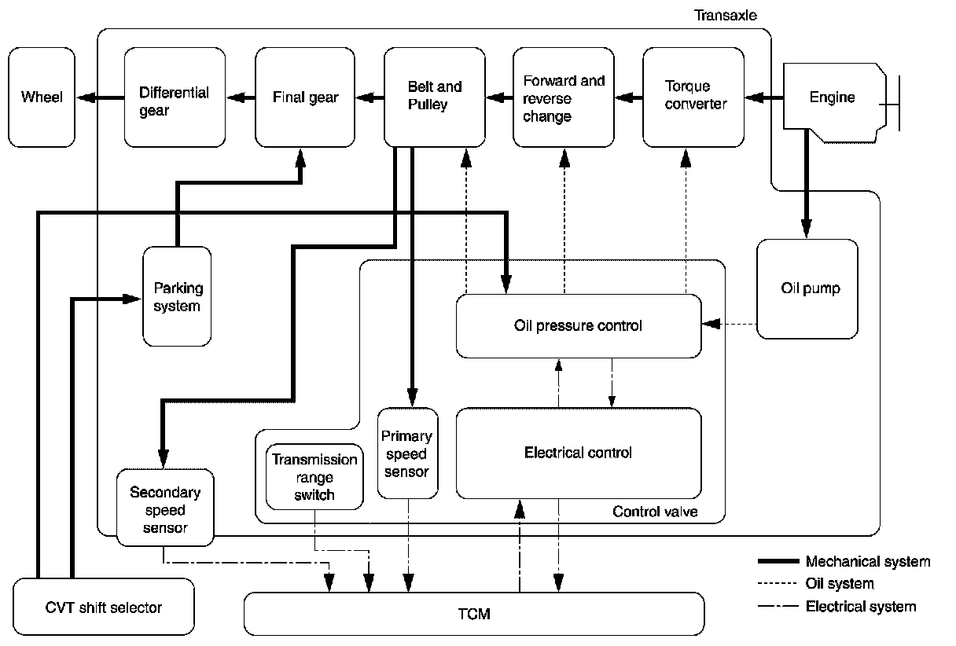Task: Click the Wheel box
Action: [x=42, y=97]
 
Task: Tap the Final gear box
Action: [x=305, y=97]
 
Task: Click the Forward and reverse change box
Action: [x=563, y=97]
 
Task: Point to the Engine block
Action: [x=832, y=97]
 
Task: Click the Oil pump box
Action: [x=808, y=288]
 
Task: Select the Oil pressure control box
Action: [x=578, y=325]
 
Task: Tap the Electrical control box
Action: [x=578, y=453]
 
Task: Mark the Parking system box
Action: [x=177, y=296]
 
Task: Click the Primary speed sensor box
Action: [x=407, y=453]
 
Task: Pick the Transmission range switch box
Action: [x=314, y=477]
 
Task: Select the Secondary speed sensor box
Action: [x=164, y=508]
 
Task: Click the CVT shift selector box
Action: [x=104, y=607]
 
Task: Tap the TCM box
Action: [x=473, y=613]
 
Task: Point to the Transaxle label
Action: [x=726, y=16]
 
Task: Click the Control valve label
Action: [x=655, y=512]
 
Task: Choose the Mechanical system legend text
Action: [x=867, y=561]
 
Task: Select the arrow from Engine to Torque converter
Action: [x=763, y=97]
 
